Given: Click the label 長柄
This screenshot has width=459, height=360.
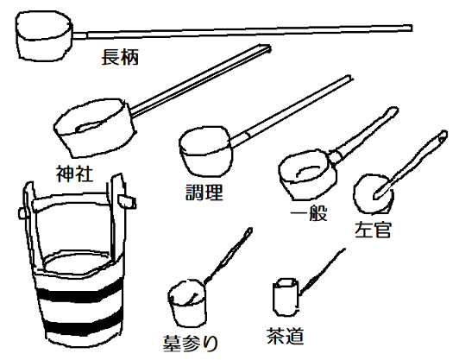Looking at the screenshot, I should (x=119, y=59).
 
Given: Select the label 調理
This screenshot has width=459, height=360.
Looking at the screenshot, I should (x=204, y=191).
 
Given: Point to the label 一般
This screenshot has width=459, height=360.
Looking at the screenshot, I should (x=309, y=212).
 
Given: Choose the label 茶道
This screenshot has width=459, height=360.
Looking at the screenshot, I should (x=287, y=335).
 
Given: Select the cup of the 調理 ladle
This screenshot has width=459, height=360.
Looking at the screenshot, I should (x=205, y=155).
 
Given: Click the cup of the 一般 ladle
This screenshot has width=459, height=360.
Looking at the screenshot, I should (x=303, y=173).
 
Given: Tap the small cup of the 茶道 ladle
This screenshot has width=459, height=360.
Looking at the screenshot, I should (x=285, y=298).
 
